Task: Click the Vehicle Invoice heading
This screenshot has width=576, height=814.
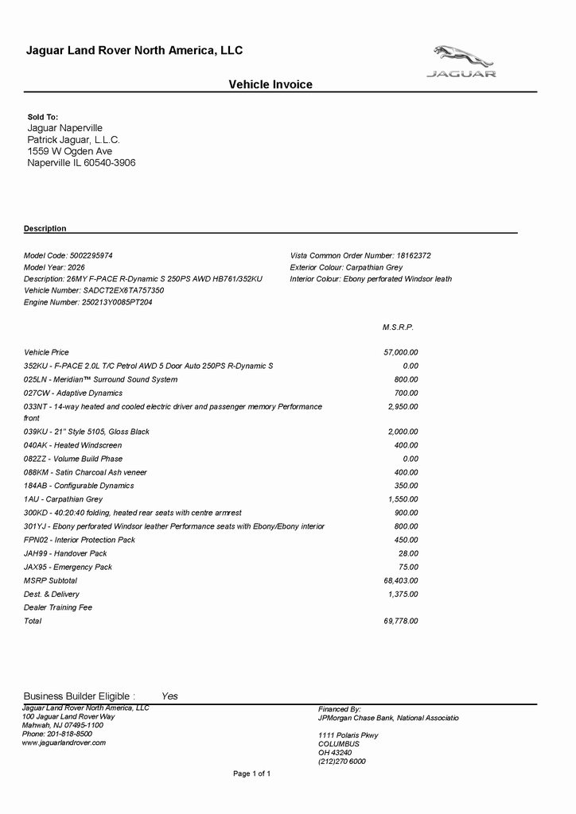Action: click(x=270, y=84)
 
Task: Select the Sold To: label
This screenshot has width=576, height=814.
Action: click(x=43, y=117)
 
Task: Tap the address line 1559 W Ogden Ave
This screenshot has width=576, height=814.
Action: click(x=70, y=151)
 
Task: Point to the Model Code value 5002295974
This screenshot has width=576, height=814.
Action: click(x=91, y=256)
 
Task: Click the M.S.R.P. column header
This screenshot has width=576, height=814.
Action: click(x=399, y=328)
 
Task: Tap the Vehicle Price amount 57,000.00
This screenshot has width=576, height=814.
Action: click(x=401, y=352)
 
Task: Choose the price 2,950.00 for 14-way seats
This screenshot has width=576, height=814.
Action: click(x=403, y=407)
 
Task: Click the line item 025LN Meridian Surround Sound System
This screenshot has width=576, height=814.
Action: click(x=100, y=380)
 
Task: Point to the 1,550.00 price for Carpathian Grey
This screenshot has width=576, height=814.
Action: click(x=403, y=499)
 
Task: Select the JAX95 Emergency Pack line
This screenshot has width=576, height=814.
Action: click(x=68, y=568)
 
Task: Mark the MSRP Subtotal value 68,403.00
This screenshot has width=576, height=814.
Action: click(x=401, y=581)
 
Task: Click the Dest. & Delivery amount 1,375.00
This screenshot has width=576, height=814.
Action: click(x=403, y=595)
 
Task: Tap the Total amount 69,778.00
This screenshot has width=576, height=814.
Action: click(x=401, y=622)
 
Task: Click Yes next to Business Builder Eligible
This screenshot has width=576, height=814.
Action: click(x=169, y=696)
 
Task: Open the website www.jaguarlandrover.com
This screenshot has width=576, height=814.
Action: click(x=64, y=743)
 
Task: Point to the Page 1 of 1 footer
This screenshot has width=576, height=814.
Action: click(x=251, y=773)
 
